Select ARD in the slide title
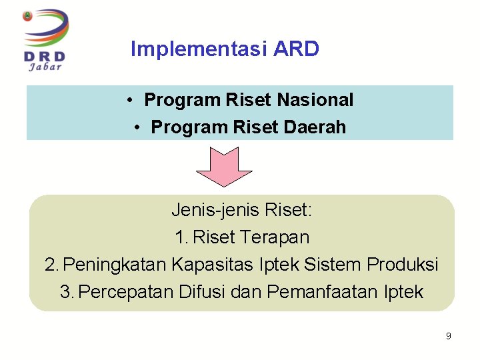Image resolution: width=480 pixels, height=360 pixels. coord(296,49)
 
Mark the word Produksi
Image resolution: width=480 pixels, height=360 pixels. coord(403,265)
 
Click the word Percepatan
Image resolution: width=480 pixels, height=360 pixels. coord(127,292)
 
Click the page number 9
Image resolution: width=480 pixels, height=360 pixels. coord(448,336)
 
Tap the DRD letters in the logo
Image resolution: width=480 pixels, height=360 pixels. coord(44,55)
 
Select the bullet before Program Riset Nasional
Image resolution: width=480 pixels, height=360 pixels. coord(133,101)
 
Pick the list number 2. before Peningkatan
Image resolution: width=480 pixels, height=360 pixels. coord(52,265)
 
